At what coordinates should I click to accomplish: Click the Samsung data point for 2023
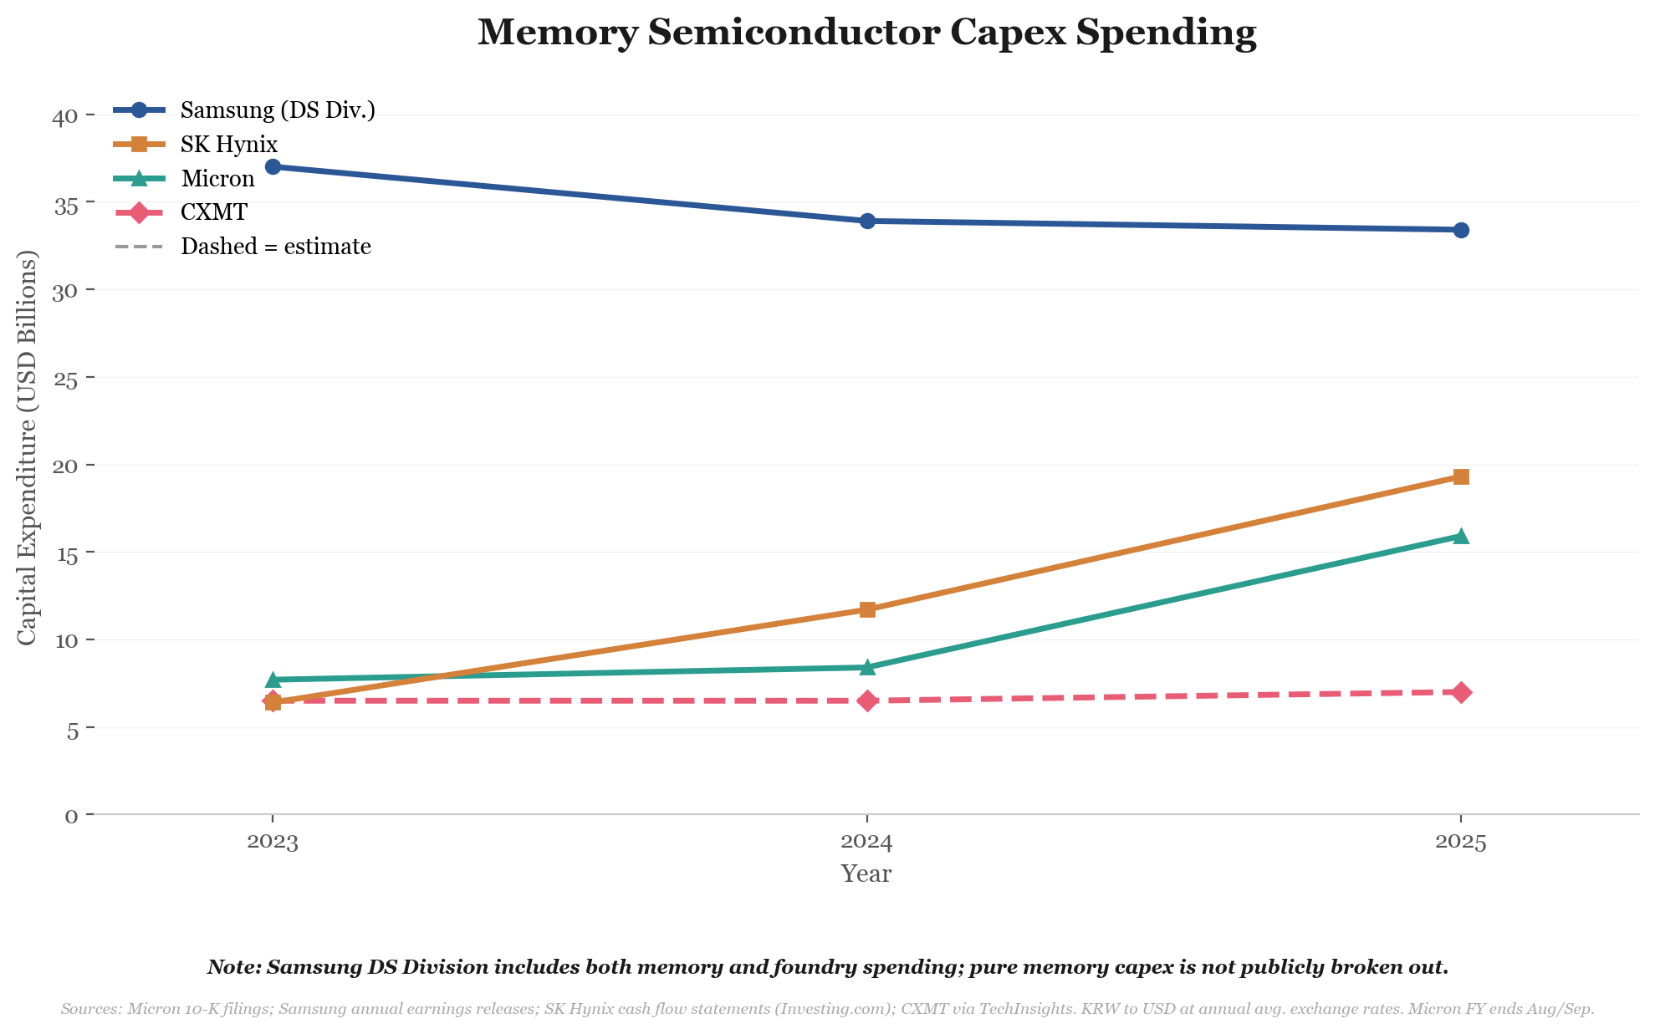pos(273,166)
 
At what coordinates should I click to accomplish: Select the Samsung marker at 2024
pos(867,221)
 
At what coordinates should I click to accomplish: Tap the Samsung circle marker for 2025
pos(1461,230)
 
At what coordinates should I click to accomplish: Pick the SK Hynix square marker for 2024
pos(867,609)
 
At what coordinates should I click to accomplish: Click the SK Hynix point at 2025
pos(1461,476)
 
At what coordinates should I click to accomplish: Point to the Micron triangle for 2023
pos(273,680)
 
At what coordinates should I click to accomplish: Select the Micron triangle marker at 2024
pos(867,667)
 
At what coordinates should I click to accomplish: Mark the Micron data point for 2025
pos(1461,536)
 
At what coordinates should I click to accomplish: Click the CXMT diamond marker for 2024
pos(867,700)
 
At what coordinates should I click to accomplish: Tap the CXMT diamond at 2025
pos(1461,692)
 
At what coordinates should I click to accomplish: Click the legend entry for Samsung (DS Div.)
pos(277,110)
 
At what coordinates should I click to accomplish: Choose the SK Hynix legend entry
pos(228,145)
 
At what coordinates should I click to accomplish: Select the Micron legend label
pos(217,179)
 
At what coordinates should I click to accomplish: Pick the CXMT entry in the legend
pos(214,212)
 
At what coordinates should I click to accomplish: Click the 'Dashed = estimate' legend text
pos(275,247)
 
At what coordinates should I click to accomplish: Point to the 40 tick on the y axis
pos(64,115)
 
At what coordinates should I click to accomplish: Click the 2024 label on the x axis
pos(866,842)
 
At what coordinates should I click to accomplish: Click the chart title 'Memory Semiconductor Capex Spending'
pos(866,33)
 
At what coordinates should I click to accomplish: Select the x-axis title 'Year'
pos(866,874)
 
